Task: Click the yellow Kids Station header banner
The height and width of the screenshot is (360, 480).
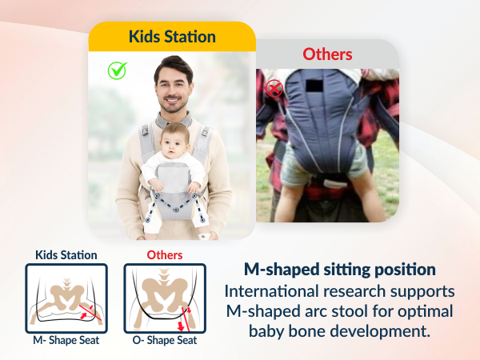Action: tap(172, 37)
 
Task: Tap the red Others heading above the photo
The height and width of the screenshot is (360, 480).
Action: tap(327, 54)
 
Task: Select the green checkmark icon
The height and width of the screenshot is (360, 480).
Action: tap(118, 70)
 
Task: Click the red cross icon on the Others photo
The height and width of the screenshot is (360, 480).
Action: tap(274, 88)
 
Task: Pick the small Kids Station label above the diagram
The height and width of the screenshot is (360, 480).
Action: tap(66, 255)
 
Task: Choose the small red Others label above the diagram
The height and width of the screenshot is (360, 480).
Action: tap(165, 255)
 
